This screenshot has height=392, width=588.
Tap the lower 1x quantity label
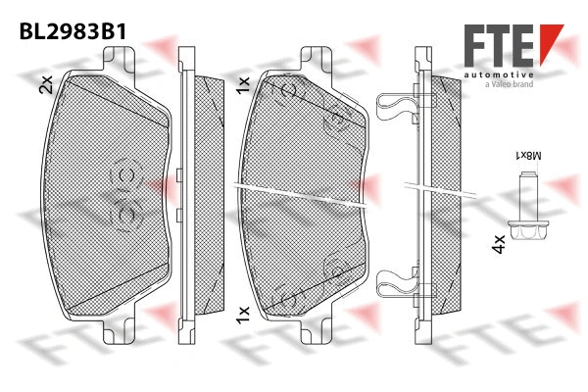(x=243, y=314)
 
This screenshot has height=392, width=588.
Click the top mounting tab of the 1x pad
(x=314, y=58)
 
